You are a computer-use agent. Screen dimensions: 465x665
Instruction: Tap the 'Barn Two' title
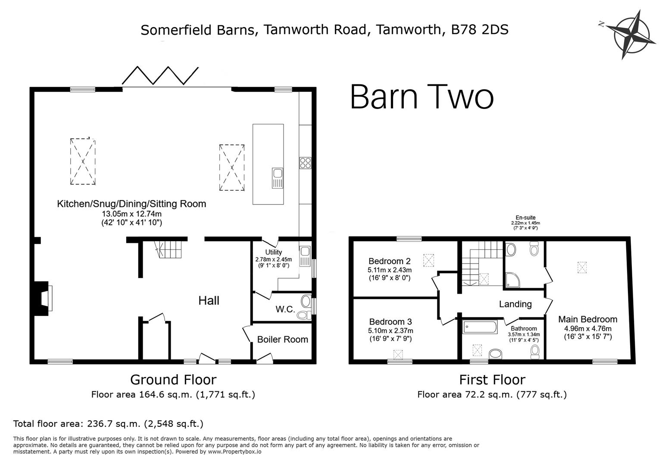(x=421, y=97)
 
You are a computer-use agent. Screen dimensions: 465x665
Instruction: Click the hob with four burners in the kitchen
(x=305, y=163)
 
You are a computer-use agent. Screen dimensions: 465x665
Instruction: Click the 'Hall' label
(x=209, y=300)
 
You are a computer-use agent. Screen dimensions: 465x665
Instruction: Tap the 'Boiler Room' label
(x=282, y=339)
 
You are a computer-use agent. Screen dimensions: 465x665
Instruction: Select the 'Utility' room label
(x=274, y=252)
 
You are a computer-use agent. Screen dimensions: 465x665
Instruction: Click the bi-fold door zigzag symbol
(x=160, y=76)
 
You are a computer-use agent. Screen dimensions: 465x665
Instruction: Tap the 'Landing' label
(x=515, y=304)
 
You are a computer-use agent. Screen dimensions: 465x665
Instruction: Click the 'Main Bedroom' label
(x=587, y=319)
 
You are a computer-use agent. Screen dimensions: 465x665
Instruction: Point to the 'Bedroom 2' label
(x=389, y=261)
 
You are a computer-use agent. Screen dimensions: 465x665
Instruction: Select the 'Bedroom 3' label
(x=390, y=322)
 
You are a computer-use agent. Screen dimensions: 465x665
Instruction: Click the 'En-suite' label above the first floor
(x=525, y=218)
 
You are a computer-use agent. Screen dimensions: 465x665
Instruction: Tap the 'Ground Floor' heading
(x=173, y=379)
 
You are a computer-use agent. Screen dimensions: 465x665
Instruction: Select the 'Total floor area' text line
(x=108, y=424)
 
